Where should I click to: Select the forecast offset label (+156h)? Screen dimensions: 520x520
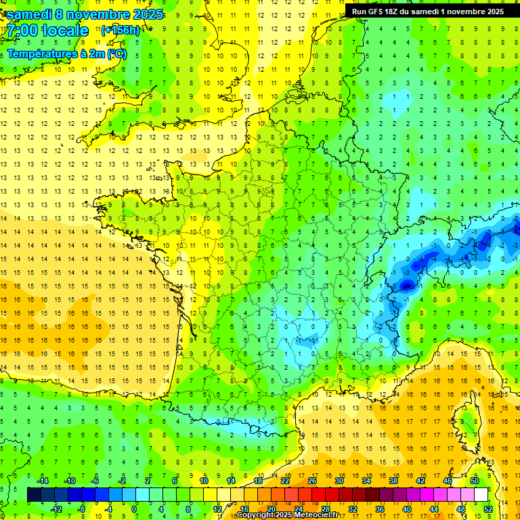[121, 30]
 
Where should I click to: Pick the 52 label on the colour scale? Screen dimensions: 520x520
[488, 508]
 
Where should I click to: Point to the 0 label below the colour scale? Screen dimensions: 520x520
[134, 508]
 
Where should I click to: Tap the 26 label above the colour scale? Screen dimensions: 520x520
[312, 481]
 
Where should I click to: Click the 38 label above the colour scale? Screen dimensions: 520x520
[393, 481]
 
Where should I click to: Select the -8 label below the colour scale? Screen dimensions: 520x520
[82, 508]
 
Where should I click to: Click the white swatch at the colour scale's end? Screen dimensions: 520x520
[481, 495]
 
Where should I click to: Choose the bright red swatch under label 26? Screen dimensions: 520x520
[318, 495]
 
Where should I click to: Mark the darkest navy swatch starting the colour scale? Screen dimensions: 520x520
[34, 495]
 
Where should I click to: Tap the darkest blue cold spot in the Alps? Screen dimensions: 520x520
[406, 285]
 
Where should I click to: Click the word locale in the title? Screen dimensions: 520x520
[64, 30]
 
